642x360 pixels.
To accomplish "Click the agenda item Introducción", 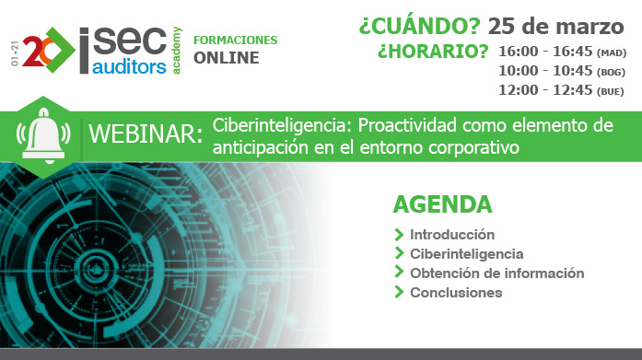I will pos(452,234).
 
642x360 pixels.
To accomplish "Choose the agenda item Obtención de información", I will pos(497,273).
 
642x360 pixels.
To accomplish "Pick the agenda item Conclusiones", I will pos(456,292).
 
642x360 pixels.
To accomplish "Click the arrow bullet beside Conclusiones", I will pos(399,292).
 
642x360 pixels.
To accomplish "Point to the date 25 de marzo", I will pos(561,25).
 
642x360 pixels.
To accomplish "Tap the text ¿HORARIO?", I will pos(433,52).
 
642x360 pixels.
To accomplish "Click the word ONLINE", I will pos(227,58).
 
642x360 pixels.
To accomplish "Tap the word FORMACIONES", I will pos(235,41).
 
